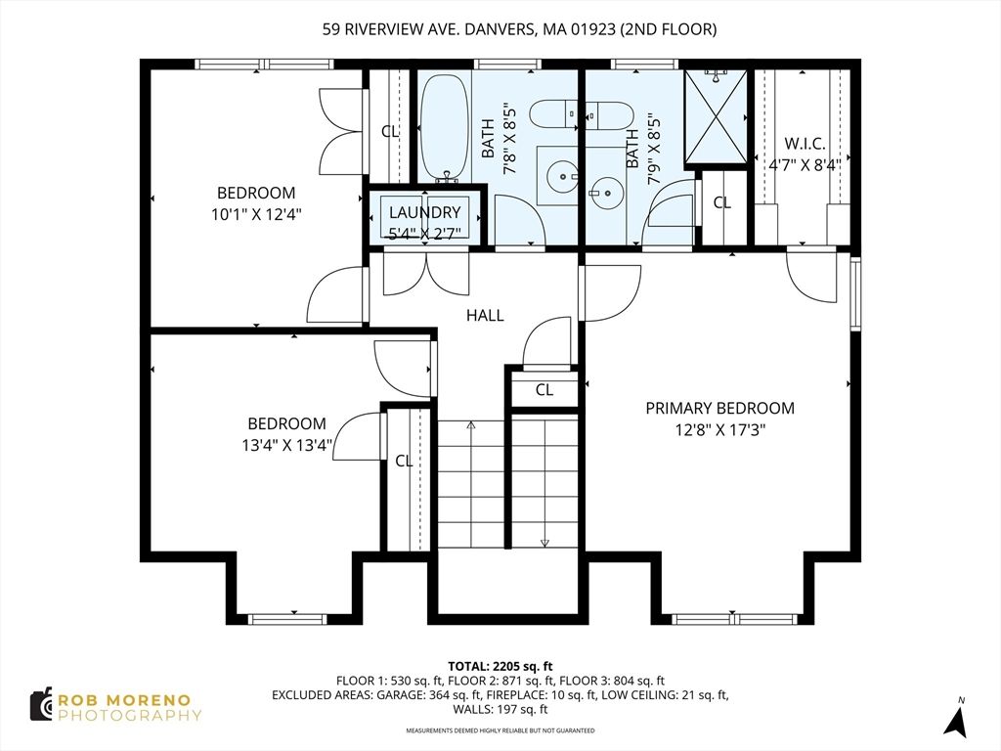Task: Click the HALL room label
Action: (x=485, y=315)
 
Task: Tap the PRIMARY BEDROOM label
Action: (x=720, y=408)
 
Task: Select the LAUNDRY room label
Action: (x=424, y=212)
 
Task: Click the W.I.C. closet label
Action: (x=805, y=143)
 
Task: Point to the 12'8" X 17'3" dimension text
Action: (x=720, y=430)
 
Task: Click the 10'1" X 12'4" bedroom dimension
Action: (x=256, y=214)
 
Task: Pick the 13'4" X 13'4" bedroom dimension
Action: (x=286, y=445)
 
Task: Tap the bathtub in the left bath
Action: (x=445, y=128)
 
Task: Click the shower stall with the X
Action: (x=716, y=117)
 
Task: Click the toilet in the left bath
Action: (x=554, y=115)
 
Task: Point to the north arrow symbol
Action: (x=955, y=717)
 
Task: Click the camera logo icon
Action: (x=41, y=704)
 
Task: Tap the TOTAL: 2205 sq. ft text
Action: (x=500, y=667)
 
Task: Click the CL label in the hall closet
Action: (x=544, y=389)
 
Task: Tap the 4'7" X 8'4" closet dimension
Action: (x=805, y=164)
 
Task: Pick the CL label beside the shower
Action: (x=722, y=202)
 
